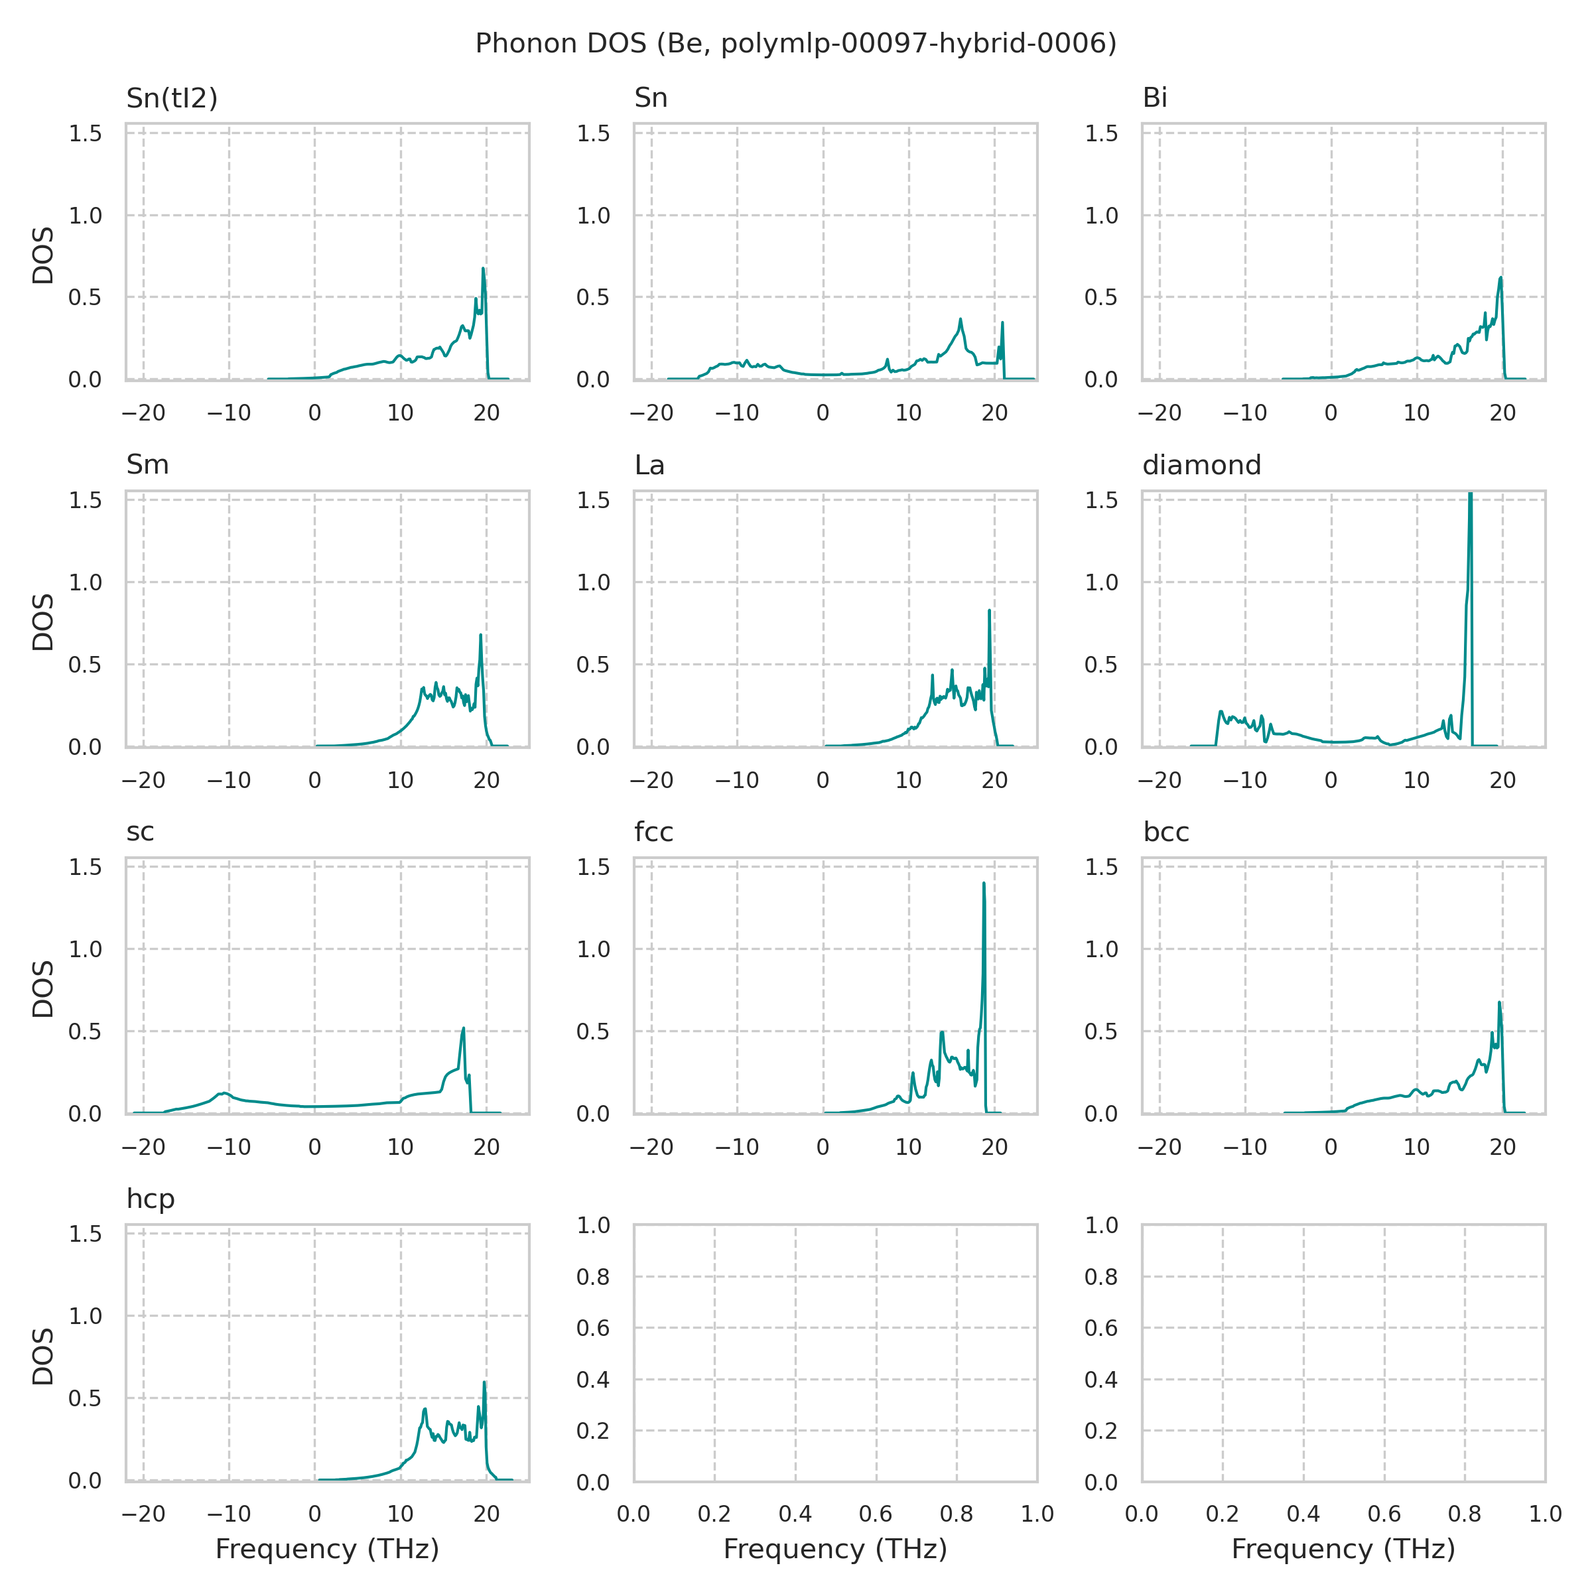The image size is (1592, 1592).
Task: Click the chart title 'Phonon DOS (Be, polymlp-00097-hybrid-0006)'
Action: click(x=796, y=43)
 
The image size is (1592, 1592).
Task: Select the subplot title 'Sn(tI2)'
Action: click(x=171, y=98)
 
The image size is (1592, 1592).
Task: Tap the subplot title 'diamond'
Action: click(x=1201, y=466)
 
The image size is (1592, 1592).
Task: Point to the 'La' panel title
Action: click(x=649, y=466)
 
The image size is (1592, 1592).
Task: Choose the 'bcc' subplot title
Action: click(x=1166, y=832)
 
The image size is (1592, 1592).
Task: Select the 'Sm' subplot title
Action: click(x=147, y=466)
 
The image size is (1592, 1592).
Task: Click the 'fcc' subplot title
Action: click(x=653, y=832)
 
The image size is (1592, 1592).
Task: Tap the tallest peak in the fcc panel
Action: click(x=984, y=884)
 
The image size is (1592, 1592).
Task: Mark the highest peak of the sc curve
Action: click(x=463, y=1028)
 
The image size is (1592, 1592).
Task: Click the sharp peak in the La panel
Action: click(x=989, y=610)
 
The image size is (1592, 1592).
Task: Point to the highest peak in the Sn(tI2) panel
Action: click(x=483, y=269)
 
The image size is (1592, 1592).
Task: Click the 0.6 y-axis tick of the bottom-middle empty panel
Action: click(x=593, y=1327)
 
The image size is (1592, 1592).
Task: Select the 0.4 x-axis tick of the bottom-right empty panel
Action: click(x=1303, y=1514)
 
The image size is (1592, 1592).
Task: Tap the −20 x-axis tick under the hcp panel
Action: click(x=143, y=1514)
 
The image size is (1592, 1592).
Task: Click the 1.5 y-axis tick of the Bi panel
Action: click(x=1101, y=133)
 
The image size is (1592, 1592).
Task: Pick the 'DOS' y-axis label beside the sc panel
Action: click(x=43, y=989)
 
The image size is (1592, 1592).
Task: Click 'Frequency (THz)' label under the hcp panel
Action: click(x=327, y=1550)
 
